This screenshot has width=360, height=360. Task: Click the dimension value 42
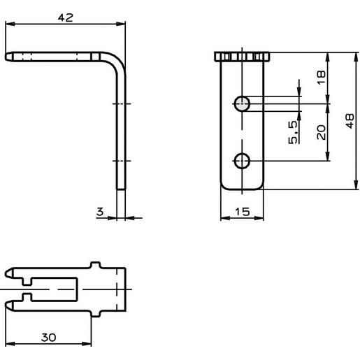(65, 17)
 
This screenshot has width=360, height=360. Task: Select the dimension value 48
(350, 121)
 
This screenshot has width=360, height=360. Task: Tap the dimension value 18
(321, 78)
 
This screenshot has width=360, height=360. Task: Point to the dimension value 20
(322, 132)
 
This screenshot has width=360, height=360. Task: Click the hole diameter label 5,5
(293, 132)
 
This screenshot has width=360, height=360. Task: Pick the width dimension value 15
(243, 212)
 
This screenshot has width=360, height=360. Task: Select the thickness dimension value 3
(100, 212)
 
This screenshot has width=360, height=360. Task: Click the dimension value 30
(48, 337)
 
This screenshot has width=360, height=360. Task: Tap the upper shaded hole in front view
(242, 103)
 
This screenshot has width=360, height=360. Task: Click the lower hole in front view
(242, 161)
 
